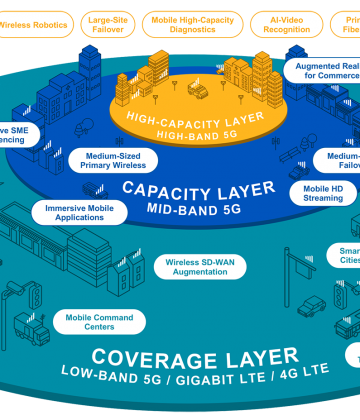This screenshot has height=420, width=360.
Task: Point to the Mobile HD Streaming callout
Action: pos(322,192)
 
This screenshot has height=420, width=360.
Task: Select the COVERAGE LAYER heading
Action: pos(194,357)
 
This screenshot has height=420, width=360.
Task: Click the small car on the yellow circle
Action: pos(199,91)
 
